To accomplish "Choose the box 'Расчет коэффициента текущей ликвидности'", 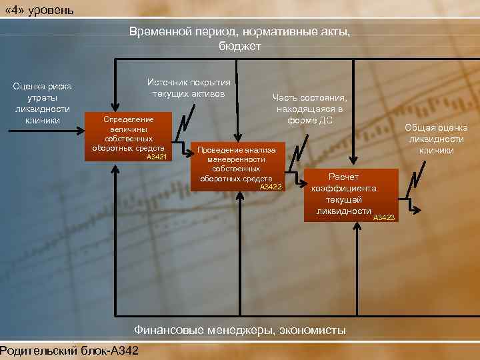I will [352, 195].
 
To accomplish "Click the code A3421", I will [157, 157].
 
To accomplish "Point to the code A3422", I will [271, 187].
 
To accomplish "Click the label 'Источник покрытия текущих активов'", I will [188, 87].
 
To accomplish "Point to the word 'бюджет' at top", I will [240, 46].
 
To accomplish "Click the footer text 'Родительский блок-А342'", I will [69, 351].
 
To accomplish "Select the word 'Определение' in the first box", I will [128, 119].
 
